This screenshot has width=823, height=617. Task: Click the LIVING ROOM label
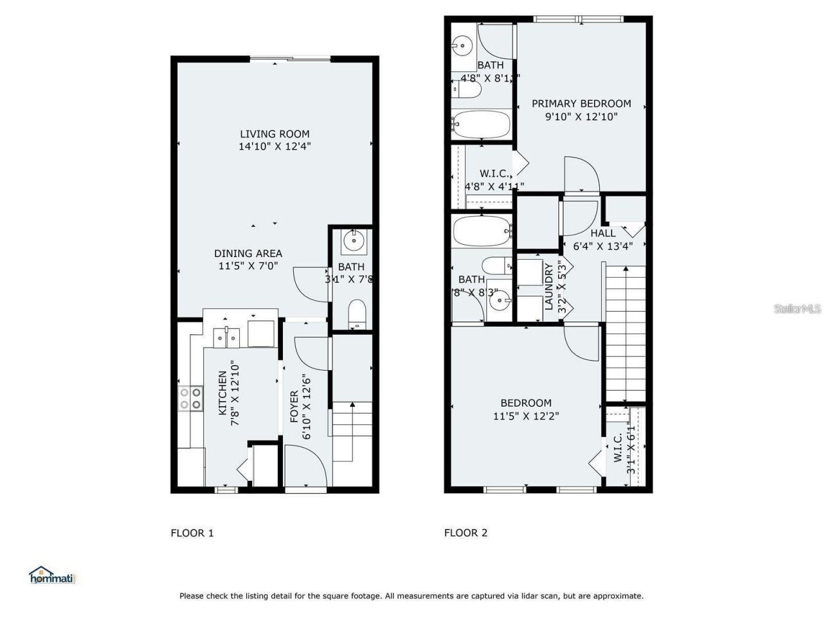pyautogui.click(x=275, y=134)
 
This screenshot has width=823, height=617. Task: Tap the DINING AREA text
pyautogui.click(x=248, y=253)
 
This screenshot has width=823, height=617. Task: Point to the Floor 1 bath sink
pyautogui.click(x=353, y=241)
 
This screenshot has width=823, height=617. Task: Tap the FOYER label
pyautogui.click(x=294, y=406)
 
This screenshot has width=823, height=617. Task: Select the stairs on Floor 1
pyautogui.click(x=352, y=430)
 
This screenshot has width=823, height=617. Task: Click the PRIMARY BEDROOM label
pyautogui.click(x=581, y=103)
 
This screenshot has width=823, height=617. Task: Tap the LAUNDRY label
pyautogui.click(x=549, y=287)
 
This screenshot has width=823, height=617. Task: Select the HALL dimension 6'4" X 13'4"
pyautogui.click(x=603, y=246)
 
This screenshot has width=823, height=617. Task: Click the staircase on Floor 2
pyautogui.click(x=626, y=334)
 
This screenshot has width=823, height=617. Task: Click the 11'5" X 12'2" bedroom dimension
pyautogui.click(x=526, y=416)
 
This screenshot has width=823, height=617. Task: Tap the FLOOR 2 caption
pyautogui.click(x=466, y=533)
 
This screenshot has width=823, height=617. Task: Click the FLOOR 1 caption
pyautogui.click(x=192, y=533)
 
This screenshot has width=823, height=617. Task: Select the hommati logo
pyautogui.click(x=53, y=575)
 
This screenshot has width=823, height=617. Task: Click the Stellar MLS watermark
pyautogui.click(x=797, y=309)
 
